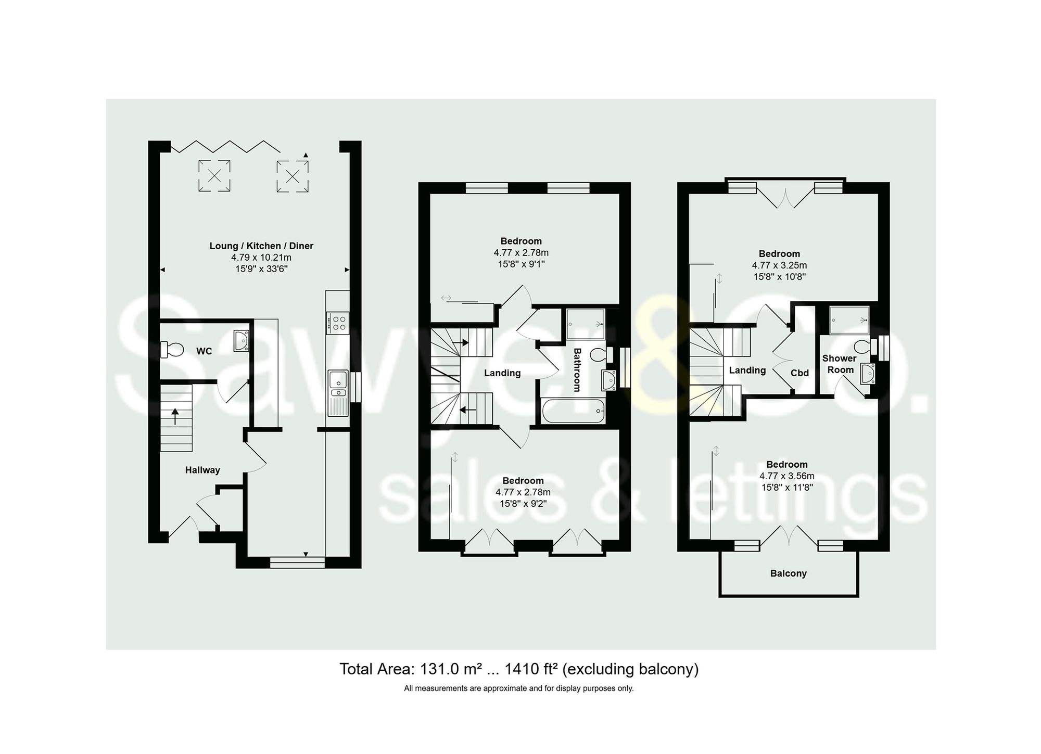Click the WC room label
(204, 351)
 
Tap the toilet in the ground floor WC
(172, 349)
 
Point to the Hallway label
(202, 470)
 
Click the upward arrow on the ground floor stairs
(175, 416)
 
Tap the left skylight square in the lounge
(214, 176)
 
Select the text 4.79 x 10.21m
(261, 258)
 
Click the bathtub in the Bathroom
(573, 412)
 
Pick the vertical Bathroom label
(577, 369)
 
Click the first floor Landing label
(502, 373)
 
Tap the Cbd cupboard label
(799, 373)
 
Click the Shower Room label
(840, 364)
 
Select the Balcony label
(788, 573)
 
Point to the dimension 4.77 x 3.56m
(786, 476)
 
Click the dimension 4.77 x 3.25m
(779, 265)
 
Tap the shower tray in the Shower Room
(848, 319)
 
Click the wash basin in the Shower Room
(867, 373)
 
